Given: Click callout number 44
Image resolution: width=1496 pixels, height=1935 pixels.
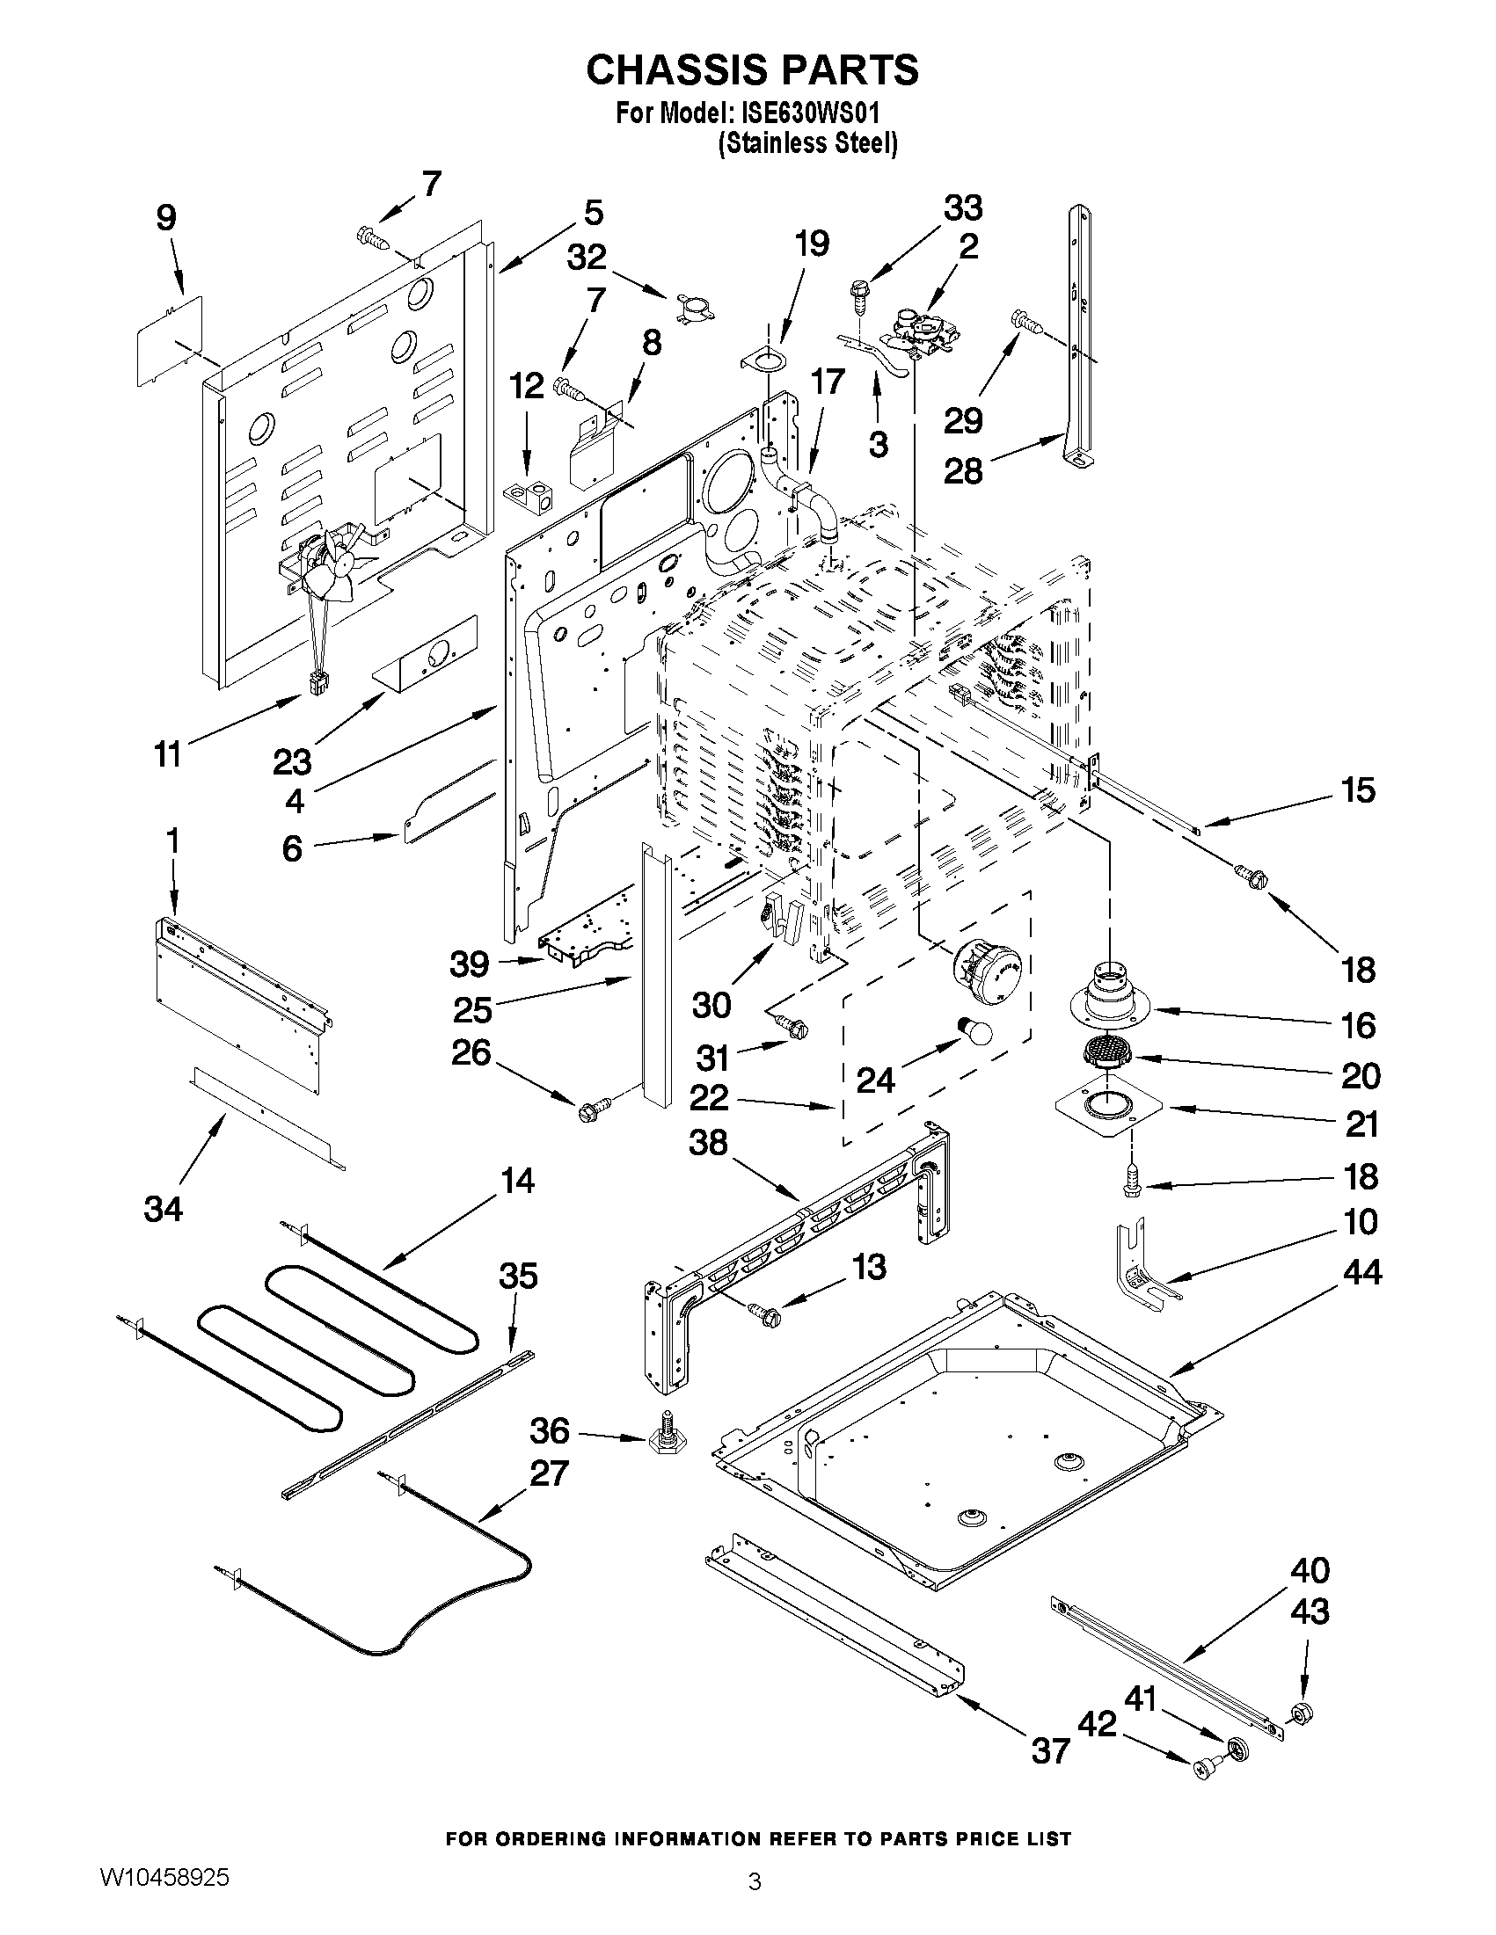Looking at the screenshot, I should coord(1361,1272).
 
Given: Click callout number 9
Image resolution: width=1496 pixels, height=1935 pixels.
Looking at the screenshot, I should coord(165,218).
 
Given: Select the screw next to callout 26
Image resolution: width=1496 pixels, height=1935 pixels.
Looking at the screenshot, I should coord(594,1109).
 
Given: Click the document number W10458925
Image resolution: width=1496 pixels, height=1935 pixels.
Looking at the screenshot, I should coord(164,1875).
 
